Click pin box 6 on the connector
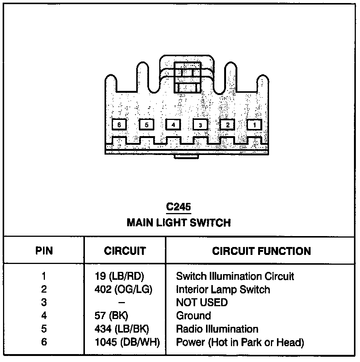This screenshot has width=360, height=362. point(119,125)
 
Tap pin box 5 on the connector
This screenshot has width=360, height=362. point(146,125)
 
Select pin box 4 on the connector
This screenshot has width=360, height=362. point(173,125)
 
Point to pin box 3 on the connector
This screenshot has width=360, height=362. point(200,125)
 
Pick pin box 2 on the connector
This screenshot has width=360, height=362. point(227,125)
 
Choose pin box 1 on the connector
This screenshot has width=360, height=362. point(254,125)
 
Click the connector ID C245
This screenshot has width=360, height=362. point(178,207)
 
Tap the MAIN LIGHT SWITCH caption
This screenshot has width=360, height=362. point(178,222)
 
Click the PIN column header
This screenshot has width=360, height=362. point(44,251)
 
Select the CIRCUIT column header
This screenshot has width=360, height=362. point(125,251)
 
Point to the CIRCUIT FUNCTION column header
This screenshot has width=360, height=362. point(262,251)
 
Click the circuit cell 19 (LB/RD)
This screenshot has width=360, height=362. point(119,276)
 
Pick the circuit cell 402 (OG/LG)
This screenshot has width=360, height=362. point(124,290)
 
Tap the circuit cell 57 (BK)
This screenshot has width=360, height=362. point(112,316)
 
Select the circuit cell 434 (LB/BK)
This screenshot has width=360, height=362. point(124,329)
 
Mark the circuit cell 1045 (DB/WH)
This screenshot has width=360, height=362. point(127,342)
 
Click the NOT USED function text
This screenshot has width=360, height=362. point(202,302)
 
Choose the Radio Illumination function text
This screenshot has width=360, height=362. point(217,329)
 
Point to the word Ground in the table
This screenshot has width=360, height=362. point(194,316)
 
